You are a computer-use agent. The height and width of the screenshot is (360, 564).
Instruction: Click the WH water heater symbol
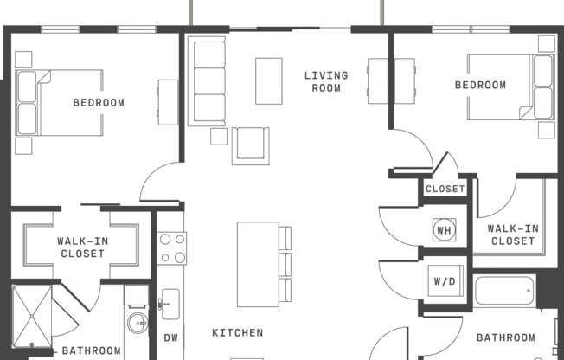444,229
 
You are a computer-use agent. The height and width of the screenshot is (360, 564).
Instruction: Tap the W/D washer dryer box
444,281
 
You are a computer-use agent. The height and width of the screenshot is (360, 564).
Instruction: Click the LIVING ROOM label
326,81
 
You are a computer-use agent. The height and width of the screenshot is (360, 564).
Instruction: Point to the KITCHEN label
237,332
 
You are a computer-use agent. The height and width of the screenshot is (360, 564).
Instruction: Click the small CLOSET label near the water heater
445,189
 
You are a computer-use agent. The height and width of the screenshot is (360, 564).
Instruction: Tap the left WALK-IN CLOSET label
82,247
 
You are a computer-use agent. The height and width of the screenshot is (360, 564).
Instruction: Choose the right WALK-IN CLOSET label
513,235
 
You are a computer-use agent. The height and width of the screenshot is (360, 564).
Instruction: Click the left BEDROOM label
98,102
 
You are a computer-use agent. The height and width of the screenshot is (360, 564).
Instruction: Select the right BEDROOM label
480,85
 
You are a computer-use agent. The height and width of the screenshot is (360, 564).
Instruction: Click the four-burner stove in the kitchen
171,247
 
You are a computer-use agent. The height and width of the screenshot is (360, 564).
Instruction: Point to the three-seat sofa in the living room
208,80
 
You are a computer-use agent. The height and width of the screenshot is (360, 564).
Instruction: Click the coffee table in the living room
268,80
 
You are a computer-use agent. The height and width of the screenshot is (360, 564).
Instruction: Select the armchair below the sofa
250,145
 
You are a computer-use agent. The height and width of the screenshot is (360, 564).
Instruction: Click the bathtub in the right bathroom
504,290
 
